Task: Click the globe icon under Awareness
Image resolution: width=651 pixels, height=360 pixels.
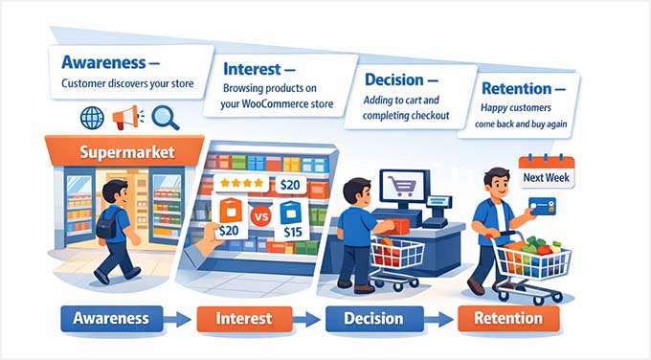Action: [93, 119]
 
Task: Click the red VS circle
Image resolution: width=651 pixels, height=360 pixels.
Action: [259, 214]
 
